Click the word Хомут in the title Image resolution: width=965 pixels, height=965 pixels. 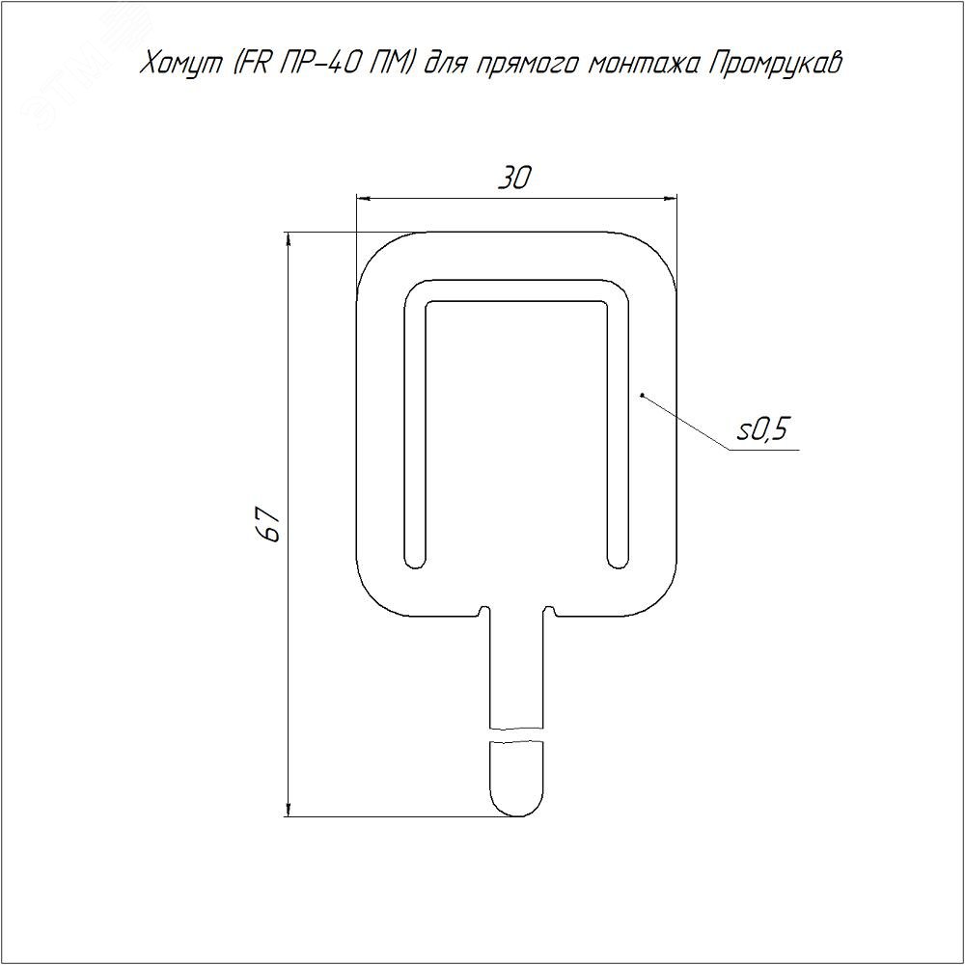(181, 65)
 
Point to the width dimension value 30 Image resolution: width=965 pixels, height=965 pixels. (514, 178)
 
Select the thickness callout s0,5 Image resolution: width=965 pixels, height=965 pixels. (762, 429)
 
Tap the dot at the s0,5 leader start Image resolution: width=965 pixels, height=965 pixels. (642, 395)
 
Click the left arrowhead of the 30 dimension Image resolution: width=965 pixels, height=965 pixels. (363, 198)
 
